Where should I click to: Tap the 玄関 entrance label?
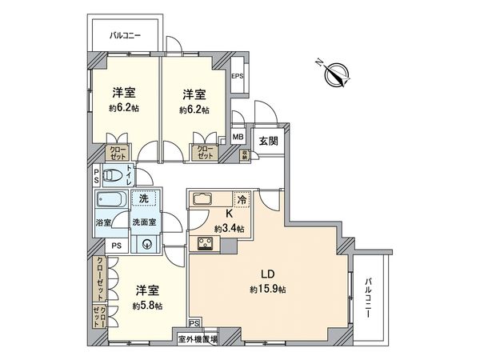point(268,141)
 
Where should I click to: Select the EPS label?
point(237,76)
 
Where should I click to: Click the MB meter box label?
point(238,138)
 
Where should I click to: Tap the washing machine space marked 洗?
point(144,198)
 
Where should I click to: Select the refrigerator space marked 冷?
point(242,200)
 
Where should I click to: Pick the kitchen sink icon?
point(200,200)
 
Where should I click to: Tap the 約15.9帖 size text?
point(270,288)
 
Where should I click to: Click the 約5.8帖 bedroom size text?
point(148,306)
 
